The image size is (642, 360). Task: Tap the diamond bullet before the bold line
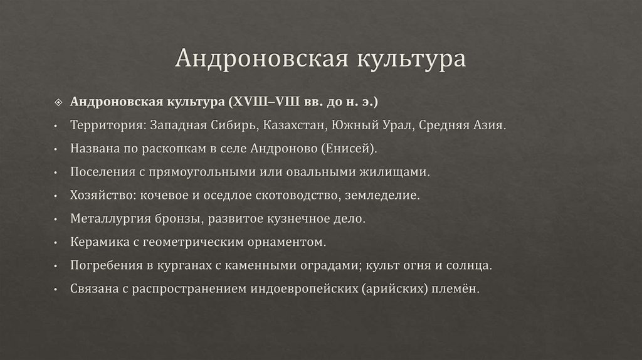58,102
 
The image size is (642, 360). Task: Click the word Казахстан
293,125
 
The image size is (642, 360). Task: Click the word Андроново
283,148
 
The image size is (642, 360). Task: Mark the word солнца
470,265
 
